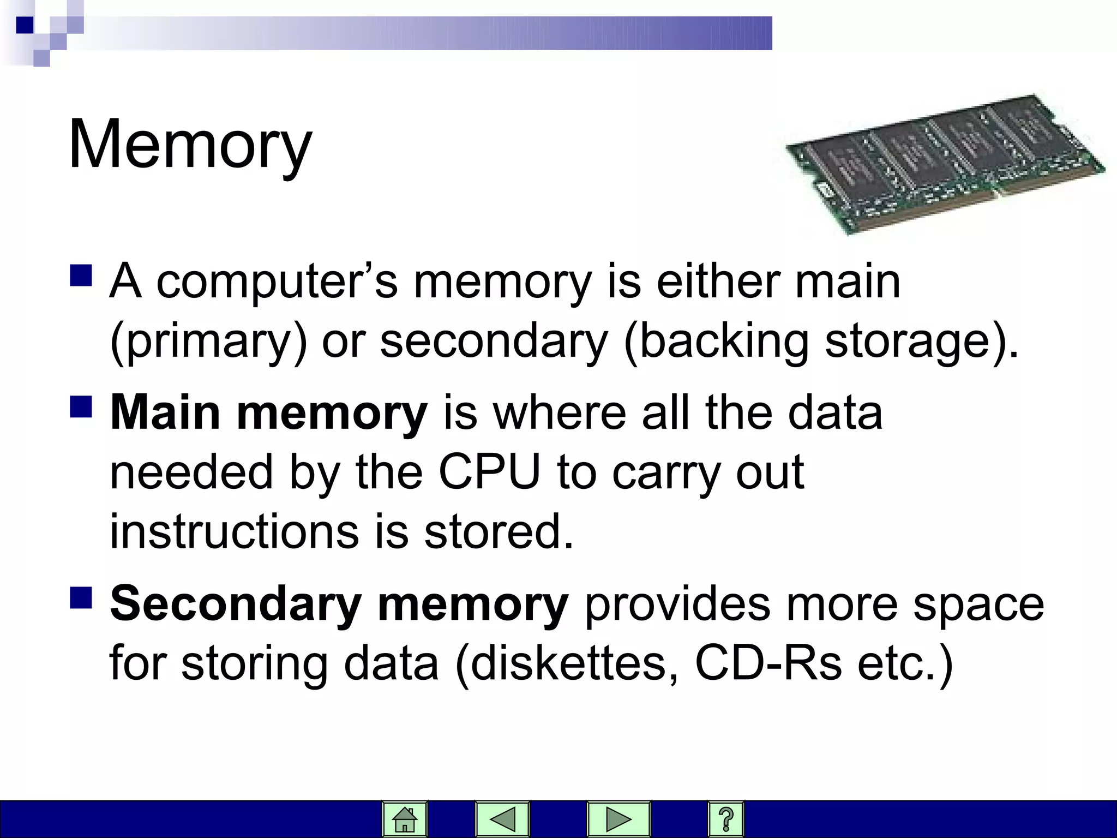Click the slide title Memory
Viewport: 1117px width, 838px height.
[190, 145]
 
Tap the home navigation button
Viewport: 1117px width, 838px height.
[405, 819]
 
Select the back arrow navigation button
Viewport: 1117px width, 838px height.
[502, 819]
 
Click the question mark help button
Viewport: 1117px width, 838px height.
[725, 819]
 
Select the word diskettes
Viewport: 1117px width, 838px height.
[567, 663]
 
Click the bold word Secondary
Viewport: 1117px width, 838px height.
[236, 604]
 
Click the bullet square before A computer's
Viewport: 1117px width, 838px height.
[81, 276]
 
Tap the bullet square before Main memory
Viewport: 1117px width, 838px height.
[81, 406]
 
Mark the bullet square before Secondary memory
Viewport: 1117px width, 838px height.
[81, 597]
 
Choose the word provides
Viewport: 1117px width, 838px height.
[677, 604]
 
